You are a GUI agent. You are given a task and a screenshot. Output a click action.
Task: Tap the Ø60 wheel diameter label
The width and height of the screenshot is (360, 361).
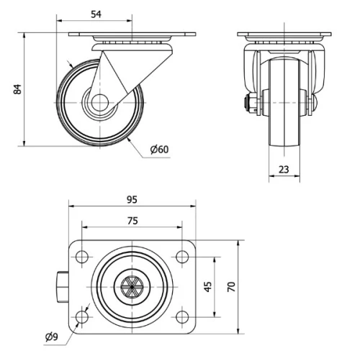tap(159, 150)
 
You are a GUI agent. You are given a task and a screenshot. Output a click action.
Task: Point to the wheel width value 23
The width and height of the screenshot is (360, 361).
tap(284, 169)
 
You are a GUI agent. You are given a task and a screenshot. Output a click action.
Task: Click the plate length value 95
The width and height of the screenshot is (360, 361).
tap(132, 199)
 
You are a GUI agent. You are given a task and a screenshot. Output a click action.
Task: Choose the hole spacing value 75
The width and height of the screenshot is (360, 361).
tap(132, 220)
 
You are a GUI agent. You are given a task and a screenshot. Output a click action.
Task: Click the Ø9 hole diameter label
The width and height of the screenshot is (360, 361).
tap(51, 336)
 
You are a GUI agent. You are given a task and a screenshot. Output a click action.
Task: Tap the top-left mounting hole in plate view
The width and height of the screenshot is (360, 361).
tap(81, 256)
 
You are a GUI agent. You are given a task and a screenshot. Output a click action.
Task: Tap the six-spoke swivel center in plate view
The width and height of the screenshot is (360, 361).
tap(132, 286)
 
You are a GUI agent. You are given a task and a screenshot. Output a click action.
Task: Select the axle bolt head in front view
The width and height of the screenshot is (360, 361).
tap(251, 104)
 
